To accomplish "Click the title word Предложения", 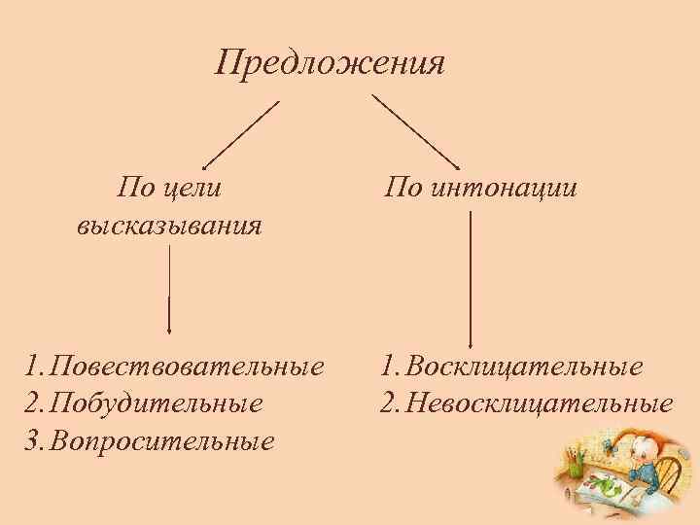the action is click(x=330, y=65).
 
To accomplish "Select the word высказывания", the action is click(x=168, y=227).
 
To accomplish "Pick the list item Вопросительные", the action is click(x=161, y=440).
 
